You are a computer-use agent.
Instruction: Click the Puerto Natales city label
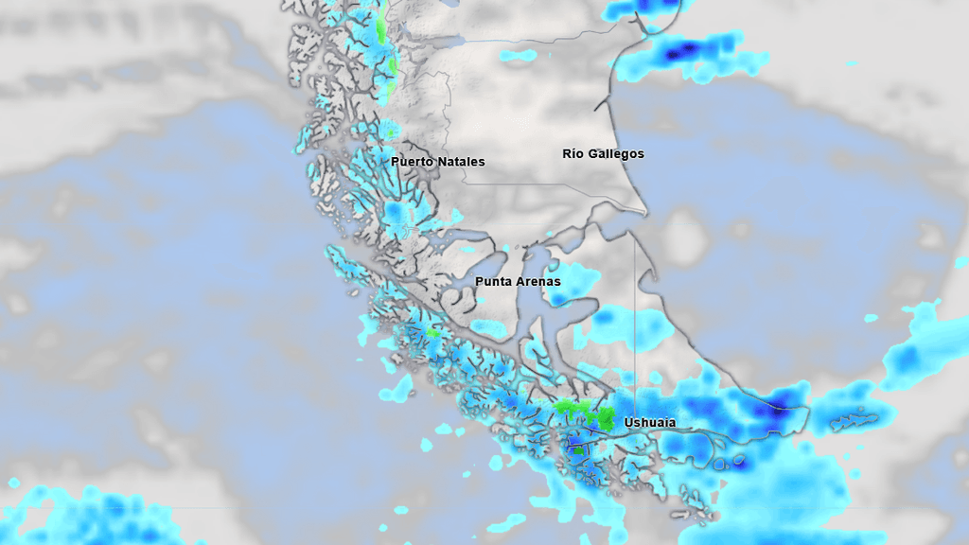(437, 162)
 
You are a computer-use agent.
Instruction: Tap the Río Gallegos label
(603, 153)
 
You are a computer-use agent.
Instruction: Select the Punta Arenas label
(518, 282)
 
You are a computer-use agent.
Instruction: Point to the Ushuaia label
(650, 422)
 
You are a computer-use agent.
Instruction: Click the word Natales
(458, 162)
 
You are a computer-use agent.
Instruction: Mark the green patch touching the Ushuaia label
(605, 417)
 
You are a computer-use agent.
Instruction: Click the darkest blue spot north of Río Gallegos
(673, 53)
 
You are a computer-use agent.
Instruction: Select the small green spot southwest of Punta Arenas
(433, 332)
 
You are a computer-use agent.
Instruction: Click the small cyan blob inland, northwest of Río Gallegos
(517, 56)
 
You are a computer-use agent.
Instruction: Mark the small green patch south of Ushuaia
(577, 449)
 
